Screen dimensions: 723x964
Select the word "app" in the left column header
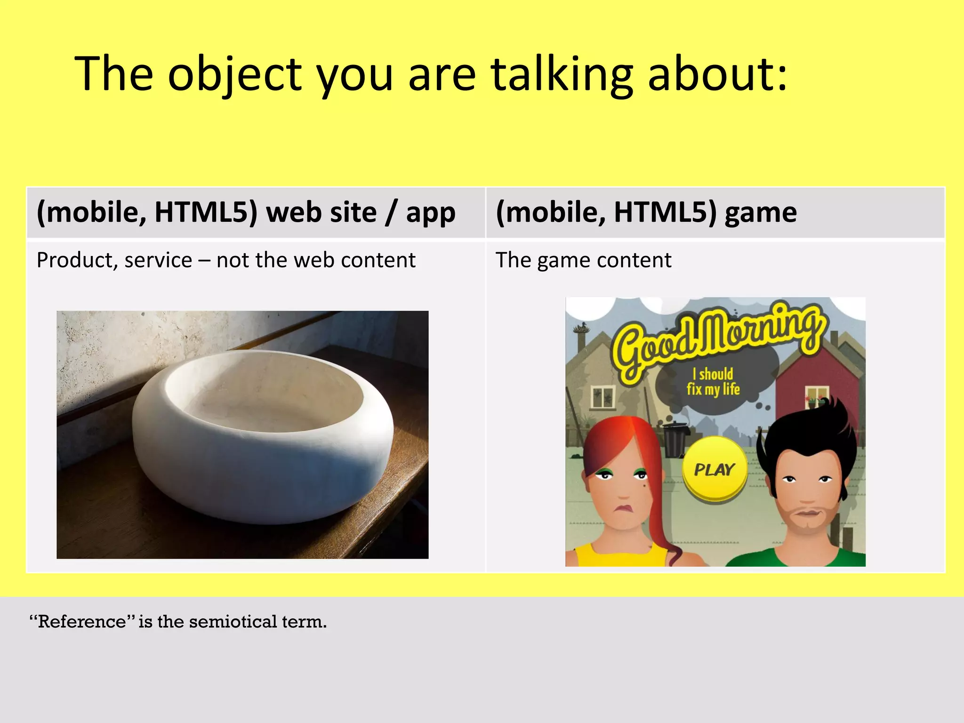430,213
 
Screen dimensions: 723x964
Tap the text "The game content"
583,260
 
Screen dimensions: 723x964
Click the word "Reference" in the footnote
82,622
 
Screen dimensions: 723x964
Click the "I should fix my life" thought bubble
713,381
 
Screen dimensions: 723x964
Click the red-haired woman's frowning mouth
623,509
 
